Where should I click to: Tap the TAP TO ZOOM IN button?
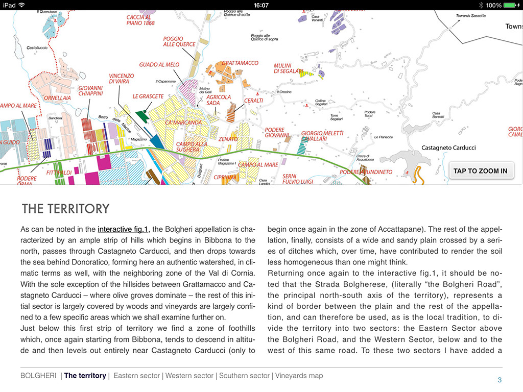[480, 171]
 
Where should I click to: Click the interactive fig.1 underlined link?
[123, 229]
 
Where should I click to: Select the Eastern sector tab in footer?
[136, 376]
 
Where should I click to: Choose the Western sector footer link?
[189, 376]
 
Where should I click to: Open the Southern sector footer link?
[244, 376]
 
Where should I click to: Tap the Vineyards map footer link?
[299, 376]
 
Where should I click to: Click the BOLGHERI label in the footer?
[39, 376]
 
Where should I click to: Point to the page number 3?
[500, 380]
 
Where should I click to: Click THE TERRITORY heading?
[65, 209]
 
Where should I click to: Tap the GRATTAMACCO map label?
[240, 63]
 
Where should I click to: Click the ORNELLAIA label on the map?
[57, 98]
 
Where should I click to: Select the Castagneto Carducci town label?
[448, 148]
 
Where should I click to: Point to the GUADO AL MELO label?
[159, 65]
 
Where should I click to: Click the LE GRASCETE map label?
[148, 96]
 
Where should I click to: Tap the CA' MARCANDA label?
[184, 122]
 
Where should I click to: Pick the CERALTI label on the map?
[254, 101]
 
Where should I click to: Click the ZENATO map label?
[228, 139]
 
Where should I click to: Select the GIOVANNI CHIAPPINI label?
[90, 91]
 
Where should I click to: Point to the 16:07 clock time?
[261, 5]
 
